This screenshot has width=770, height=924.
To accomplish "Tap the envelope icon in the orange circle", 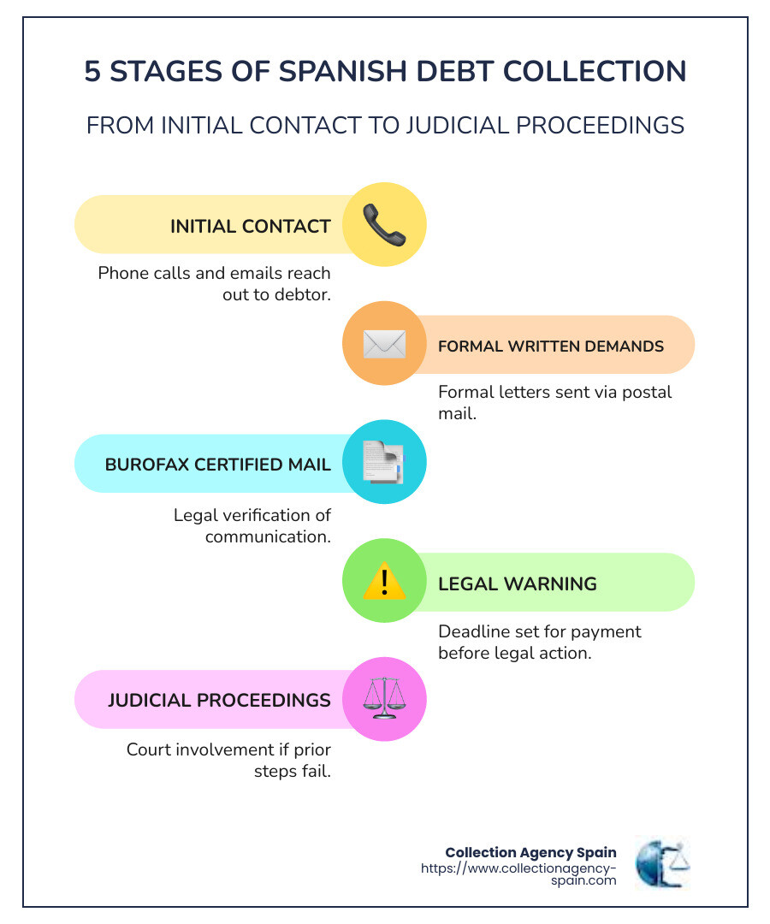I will point(384,344).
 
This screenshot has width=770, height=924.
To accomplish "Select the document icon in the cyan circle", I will point(384,463).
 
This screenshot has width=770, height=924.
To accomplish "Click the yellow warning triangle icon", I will point(384,583).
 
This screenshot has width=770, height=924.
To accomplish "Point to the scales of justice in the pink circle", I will point(384,698).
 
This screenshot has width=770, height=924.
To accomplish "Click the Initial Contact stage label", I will point(250,227).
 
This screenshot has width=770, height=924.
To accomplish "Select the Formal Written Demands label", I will point(550,346).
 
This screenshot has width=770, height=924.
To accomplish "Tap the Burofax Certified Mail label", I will point(217,465).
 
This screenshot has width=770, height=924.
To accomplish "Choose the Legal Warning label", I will point(517,584).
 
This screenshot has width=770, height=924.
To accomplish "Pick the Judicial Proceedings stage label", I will point(219,700).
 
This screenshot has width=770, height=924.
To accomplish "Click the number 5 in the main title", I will point(92,72).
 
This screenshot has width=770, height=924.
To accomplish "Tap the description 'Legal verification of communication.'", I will point(252,526).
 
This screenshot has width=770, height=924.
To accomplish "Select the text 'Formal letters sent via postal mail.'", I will point(554,403).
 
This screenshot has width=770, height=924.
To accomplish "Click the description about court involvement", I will point(228,760).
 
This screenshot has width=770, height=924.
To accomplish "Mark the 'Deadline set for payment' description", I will point(539,643).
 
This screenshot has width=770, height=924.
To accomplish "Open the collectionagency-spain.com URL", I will point(518,874).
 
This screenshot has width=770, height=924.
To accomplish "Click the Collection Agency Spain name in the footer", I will point(530,852).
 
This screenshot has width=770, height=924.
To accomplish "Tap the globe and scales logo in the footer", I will point(661,863).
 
